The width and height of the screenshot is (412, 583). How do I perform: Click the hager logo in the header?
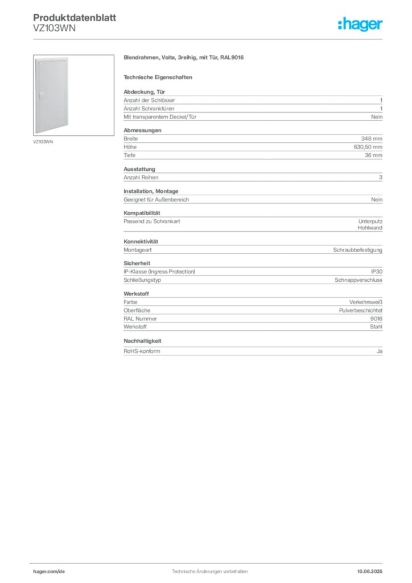point(360,24)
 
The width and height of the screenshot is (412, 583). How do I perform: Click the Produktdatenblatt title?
point(75,18)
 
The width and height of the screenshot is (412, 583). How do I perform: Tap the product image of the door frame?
point(73,95)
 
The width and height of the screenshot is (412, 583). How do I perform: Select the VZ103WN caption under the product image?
point(43,142)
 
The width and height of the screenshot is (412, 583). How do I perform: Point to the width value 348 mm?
point(372,139)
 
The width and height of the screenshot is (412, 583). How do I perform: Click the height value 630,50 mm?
point(368,147)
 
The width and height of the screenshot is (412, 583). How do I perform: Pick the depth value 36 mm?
point(373,155)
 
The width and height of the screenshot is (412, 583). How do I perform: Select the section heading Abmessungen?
point(142,130)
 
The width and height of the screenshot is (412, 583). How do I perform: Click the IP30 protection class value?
point(376,272)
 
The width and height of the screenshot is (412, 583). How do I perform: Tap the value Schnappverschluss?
point(359,280)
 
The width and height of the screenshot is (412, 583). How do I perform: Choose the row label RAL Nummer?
point(140,319)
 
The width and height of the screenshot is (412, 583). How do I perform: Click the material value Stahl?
point(376,327)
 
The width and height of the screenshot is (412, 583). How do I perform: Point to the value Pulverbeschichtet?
point(361,310)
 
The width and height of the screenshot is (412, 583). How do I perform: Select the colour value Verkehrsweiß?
point(365,302)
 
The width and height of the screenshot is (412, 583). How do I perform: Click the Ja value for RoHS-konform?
point(380,351)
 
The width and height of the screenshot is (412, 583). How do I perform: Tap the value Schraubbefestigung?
point(358,250)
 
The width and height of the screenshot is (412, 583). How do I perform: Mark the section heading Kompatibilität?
point(142,213)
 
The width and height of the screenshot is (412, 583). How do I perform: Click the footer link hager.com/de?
point(49,572)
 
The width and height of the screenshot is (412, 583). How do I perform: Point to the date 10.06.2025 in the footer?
point(370,572)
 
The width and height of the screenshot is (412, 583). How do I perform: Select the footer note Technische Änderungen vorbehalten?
point(209,572)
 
